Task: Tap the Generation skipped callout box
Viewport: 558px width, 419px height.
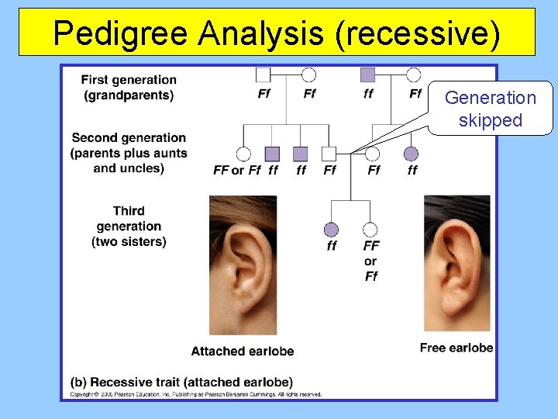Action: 490,109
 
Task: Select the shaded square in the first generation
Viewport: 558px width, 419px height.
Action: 367,74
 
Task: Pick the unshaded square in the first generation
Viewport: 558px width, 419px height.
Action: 263,74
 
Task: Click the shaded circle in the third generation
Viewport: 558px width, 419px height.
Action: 332,230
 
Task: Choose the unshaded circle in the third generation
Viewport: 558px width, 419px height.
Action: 370,230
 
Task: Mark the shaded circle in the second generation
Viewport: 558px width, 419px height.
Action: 411,154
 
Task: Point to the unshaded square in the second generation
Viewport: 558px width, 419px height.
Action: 329,154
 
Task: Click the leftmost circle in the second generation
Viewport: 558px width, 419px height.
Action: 243,154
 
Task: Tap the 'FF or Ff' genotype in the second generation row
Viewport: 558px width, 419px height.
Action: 237,170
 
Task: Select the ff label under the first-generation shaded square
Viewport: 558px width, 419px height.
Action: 368,94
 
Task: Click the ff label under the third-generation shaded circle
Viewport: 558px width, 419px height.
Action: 332,246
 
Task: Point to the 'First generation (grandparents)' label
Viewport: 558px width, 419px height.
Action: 129,88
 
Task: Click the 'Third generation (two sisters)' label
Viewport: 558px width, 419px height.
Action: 129,226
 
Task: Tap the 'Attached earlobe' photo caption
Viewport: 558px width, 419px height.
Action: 243,351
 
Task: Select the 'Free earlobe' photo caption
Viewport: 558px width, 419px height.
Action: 456,348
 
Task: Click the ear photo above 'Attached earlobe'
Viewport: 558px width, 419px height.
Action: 243,264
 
